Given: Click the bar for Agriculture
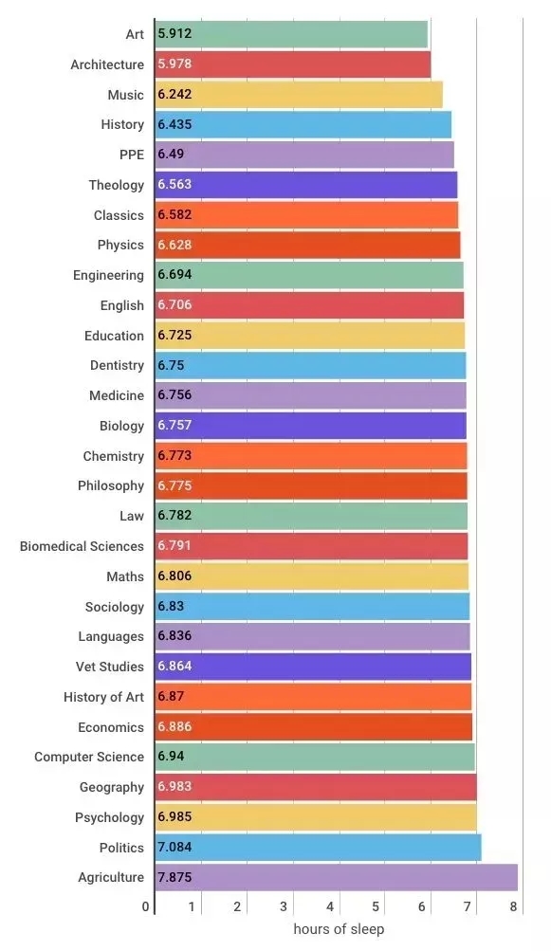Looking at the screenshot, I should tap(336, 877).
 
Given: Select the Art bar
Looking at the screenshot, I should tap(291, 34).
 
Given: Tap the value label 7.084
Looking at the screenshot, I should tap(174, 848).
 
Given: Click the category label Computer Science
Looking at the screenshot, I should tap(89, 757).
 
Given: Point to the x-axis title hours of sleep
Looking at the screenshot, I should tap(339, 929).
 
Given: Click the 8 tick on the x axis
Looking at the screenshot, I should tap(514, 906).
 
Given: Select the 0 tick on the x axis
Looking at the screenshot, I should tap(146, 906).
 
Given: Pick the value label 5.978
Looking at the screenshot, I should tap(174, 64).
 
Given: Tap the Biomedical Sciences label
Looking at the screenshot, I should tap(82, 546).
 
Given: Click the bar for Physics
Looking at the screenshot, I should tap(307, 245).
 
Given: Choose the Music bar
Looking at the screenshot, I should tap(299, 95).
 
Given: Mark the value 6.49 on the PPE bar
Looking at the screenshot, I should tap(172, 155).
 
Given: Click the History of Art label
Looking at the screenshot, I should tap(103, 697).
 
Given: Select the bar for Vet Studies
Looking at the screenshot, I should tap(313, 667).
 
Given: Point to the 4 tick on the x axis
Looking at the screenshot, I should tap(330, 906).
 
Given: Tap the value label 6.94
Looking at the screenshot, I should tap(172, 757).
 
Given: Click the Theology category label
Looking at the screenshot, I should tap(117, 185).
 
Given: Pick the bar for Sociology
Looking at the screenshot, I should tap(312, 607).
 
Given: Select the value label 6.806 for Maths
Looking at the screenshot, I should tap(174, 576).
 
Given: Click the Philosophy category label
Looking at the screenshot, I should tap(111, 485).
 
